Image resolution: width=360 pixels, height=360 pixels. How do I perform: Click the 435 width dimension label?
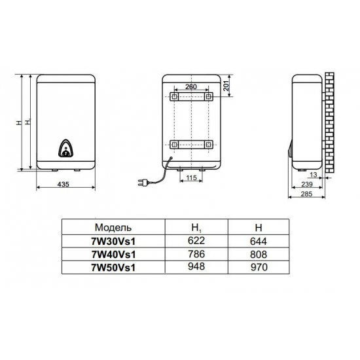coord(63,184)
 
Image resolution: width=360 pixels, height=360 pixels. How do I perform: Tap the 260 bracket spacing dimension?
coord(191,86)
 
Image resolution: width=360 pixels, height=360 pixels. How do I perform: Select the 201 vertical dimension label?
coord(227,86)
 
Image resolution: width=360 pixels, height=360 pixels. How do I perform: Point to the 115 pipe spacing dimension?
coord(192,177)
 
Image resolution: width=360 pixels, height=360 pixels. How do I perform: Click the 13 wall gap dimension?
coord(314,175)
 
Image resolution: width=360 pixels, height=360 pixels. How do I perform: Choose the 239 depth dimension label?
coord(307,184)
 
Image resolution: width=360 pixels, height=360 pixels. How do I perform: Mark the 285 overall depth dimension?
coord(306,194)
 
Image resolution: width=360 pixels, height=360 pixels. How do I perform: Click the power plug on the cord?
coord(142,183)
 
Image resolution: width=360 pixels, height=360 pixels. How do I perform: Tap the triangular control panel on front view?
coord(66,149)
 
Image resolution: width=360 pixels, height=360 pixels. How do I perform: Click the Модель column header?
coord(113,227)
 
